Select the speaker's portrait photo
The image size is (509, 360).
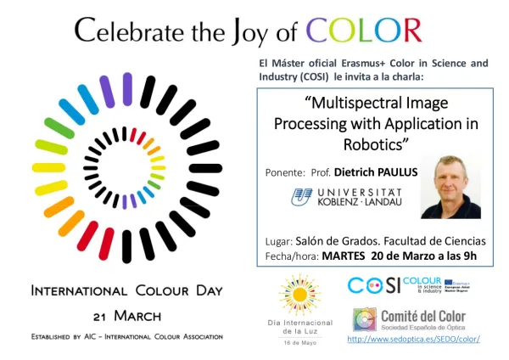pos(450,186)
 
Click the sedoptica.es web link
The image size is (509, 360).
pos(414,339)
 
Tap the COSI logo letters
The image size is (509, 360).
pos(373,286)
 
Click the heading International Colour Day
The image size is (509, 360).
pos(126,290)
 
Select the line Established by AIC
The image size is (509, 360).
pos(126,336)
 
